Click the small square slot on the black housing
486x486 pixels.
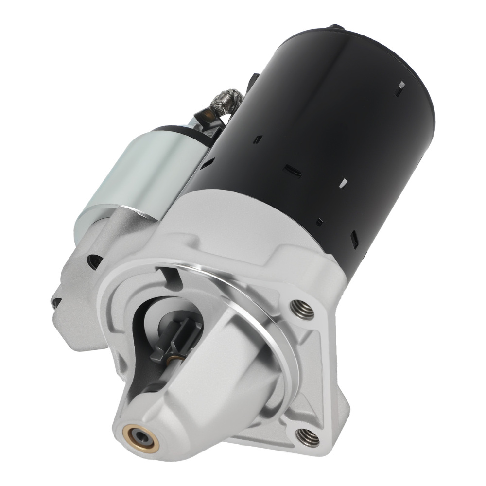(x=319, y=222)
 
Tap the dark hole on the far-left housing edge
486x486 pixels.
(x=57, y=302)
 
